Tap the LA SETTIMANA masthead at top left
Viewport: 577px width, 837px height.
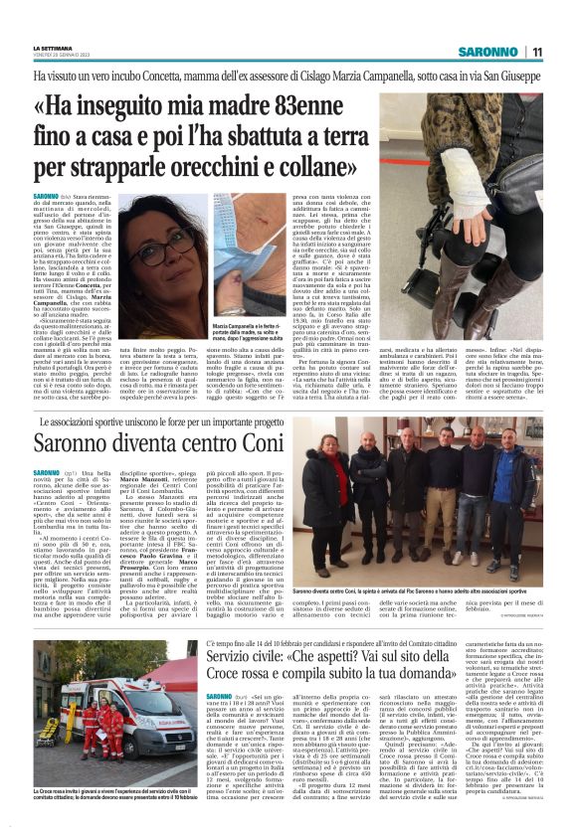click(x=51, y=47)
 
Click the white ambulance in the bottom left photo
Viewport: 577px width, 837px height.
click(x=70, y=695)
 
